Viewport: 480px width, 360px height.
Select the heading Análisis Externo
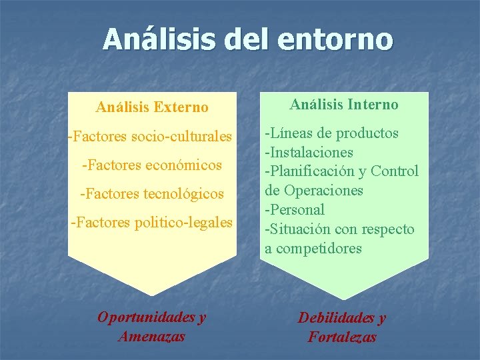152,107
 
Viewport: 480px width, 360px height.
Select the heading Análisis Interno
344,105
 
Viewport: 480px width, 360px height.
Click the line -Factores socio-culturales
150,137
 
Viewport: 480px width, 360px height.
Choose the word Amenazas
151,336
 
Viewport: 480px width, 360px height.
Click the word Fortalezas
342,337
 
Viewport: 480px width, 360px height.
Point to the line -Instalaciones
309,153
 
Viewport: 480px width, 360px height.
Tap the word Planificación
315,171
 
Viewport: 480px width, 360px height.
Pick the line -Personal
295,210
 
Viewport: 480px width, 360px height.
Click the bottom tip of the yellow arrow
153,295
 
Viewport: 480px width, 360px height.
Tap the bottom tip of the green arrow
344,299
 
